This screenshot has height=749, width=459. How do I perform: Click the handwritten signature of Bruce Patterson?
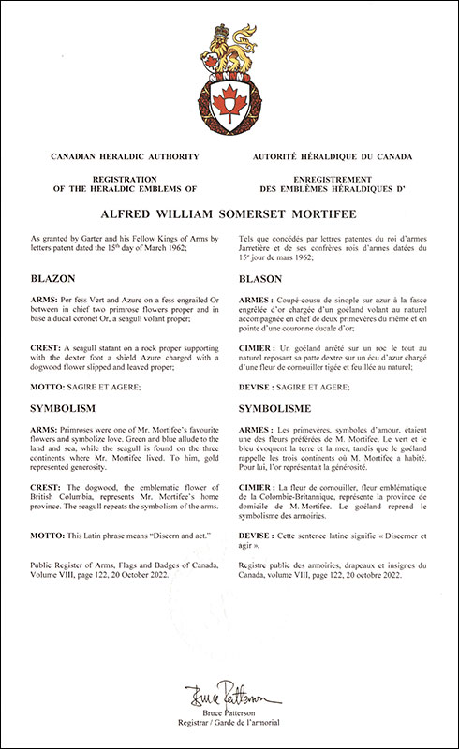pyautogui.click(x=229, y=697)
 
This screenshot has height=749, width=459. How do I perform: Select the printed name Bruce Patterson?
pyautogui.click(x=229, y=714)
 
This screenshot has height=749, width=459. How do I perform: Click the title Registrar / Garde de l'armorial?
pyautogui.click(x=229, y=726)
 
